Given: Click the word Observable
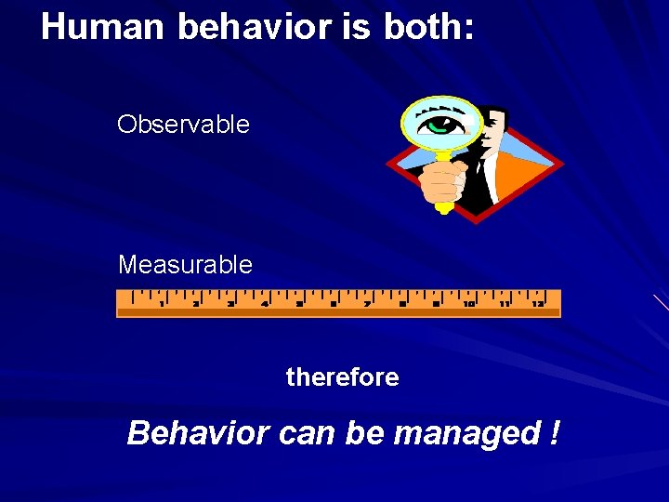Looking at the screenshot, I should pos(183,125).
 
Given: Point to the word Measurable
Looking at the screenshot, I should pos(185,265).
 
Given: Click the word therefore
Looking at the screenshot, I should pos(342,377).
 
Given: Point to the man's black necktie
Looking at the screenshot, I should pos(485,172).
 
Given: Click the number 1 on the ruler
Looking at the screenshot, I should pos(161,303).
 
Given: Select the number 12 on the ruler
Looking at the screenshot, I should pos(537,303).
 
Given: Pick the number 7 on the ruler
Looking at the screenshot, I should pos(367,303).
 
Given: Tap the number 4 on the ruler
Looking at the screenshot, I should pos(265,303).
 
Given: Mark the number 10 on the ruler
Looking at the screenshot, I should pos(469,303).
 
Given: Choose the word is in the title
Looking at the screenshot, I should pos(356,27).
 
